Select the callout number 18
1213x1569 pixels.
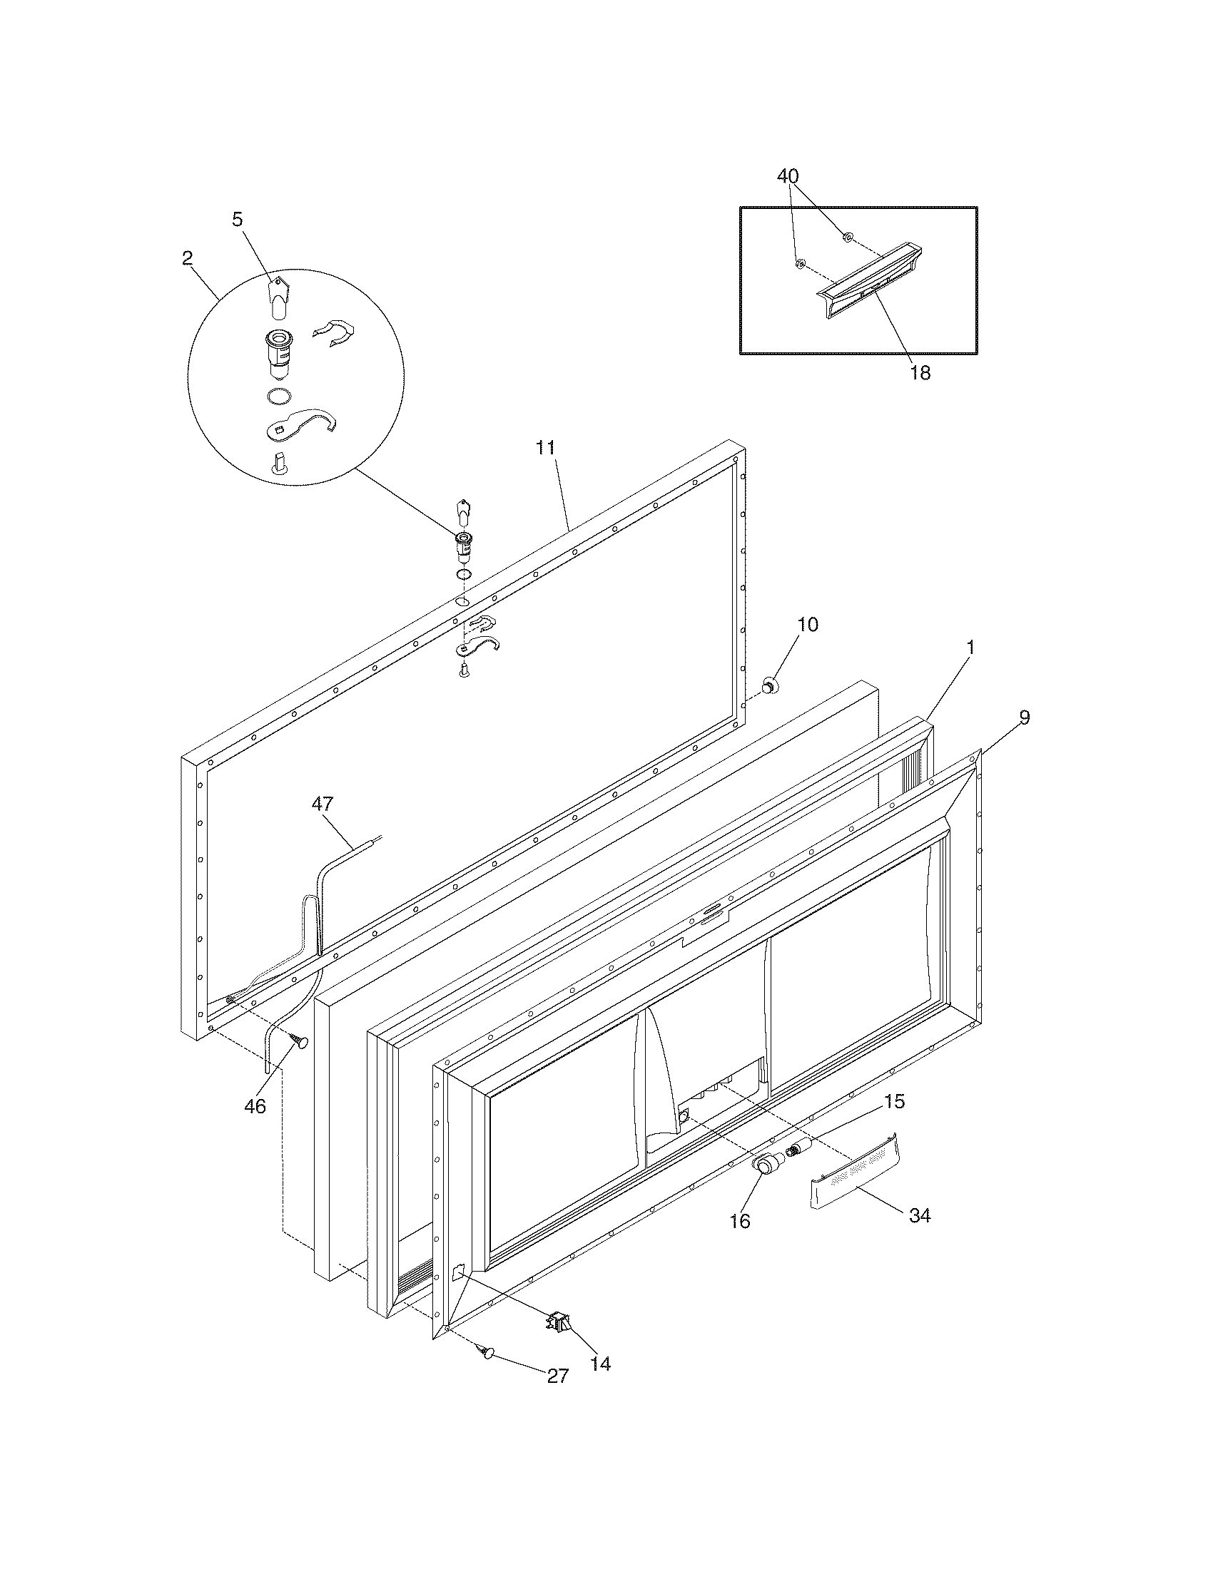tap(920, 373)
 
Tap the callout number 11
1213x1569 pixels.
tap(545, 448)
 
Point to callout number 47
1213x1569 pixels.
tap(323, 804)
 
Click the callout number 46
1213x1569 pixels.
tap(255, 1106)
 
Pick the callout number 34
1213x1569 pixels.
tap(920, 1215)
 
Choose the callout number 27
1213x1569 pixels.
tap(558, 1376)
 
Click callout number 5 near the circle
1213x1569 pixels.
tap(238, 219)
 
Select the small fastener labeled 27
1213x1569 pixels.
tap(488, 1353)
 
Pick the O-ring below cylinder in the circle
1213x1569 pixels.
tap(278, 397)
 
